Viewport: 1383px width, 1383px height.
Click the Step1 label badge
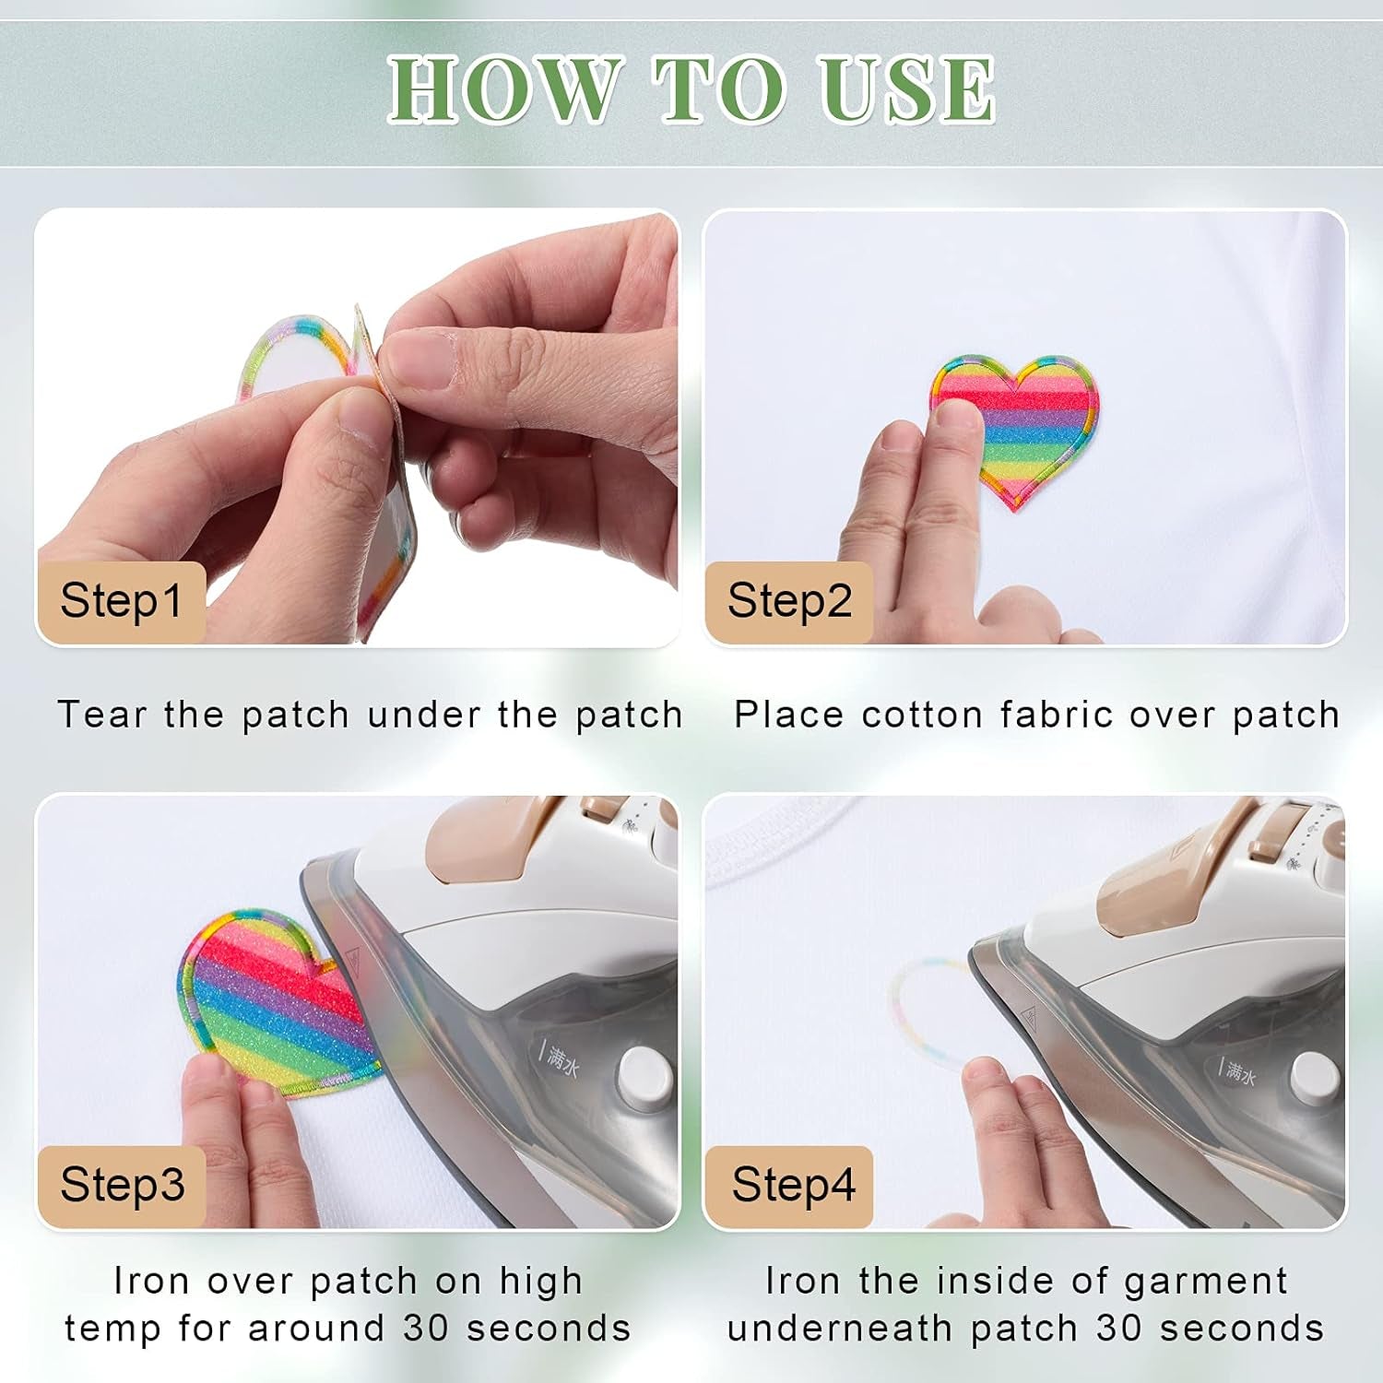click(121, 601)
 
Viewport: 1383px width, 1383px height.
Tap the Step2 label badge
click(789, 601)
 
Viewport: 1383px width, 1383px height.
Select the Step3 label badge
click(122, 1185)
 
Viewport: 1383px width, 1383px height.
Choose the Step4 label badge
click(793, 1185)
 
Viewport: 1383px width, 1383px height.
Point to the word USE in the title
click(908, 89)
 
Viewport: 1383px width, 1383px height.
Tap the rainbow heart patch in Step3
click(267, 1000)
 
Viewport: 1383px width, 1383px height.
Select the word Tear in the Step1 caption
click(102, 715)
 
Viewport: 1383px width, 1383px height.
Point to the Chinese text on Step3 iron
click(560, 1060)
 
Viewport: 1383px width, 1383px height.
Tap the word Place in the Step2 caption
click(788, 715)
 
